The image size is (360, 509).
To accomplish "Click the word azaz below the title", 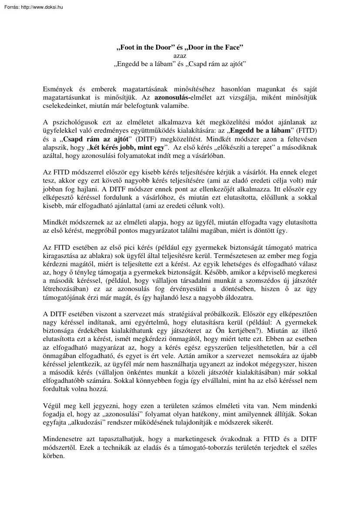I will pyautogui.click(x=180, y=56).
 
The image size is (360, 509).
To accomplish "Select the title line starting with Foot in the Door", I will pyautogui.click(x=180, y=47).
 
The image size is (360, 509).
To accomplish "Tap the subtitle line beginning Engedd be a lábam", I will pyautogui.click(x=180, y=64).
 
